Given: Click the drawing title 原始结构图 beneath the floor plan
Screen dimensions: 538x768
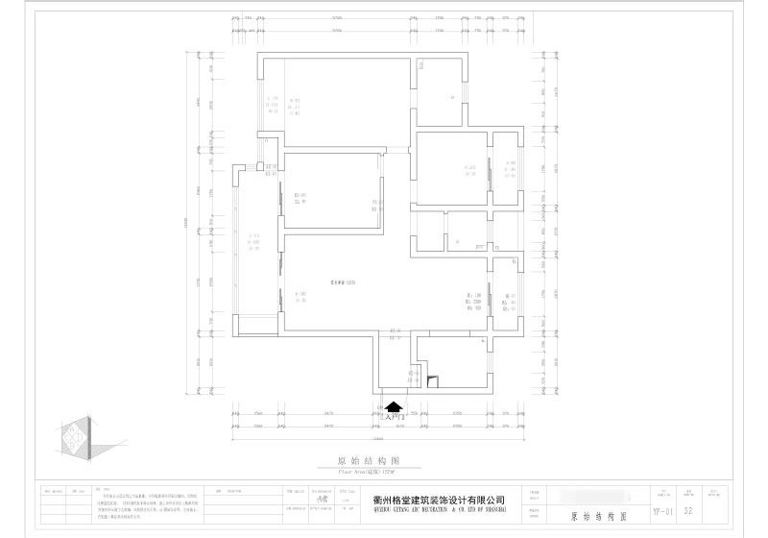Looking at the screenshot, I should [x=361, y=461].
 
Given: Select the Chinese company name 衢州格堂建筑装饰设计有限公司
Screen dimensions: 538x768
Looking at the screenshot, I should [x=439, y=500].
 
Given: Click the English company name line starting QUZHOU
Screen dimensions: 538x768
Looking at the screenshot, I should [x=439, y=510].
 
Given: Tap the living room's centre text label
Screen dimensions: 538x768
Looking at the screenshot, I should [x=343, y=281].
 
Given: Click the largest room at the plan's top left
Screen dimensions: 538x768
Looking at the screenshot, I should [x=336, y=101].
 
